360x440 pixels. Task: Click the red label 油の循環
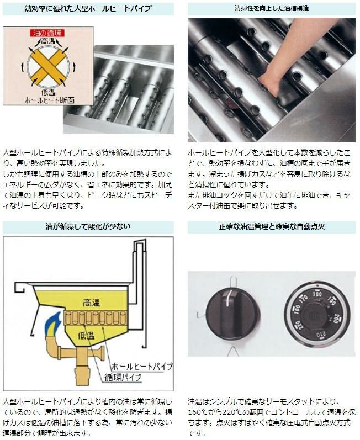pyautogui.click(x=47, y=33)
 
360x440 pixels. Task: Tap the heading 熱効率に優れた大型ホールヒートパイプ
pyautogui.click(x=88, y=8)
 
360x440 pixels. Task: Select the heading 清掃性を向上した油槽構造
pyautogui.click(x=272, y=8)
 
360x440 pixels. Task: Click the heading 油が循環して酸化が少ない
pyautogui.click(x=88, y=226)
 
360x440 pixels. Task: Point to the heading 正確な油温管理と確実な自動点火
pyautogui.click(x=272, y=226)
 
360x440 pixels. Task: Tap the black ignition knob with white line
pyautogui.click(x=233, y=313)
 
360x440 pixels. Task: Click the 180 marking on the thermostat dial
pyautogui.click(x=317, y=294)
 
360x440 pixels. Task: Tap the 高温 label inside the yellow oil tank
pyautogui.click(x=92, y=303)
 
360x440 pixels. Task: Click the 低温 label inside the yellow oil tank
pyautogui.click(x=86, y=335)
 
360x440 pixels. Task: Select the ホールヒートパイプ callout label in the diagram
pyautogui.click(x=142, y=366)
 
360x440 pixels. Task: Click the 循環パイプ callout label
pyautogui.click(x=123, y=378)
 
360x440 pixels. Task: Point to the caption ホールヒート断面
pyautogui.click(x=49, y=100)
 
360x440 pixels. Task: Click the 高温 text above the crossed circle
pyautogui.click(x=48, y=41)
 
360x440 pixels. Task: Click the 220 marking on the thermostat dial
pyautogui.click(x=298, y=326)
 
